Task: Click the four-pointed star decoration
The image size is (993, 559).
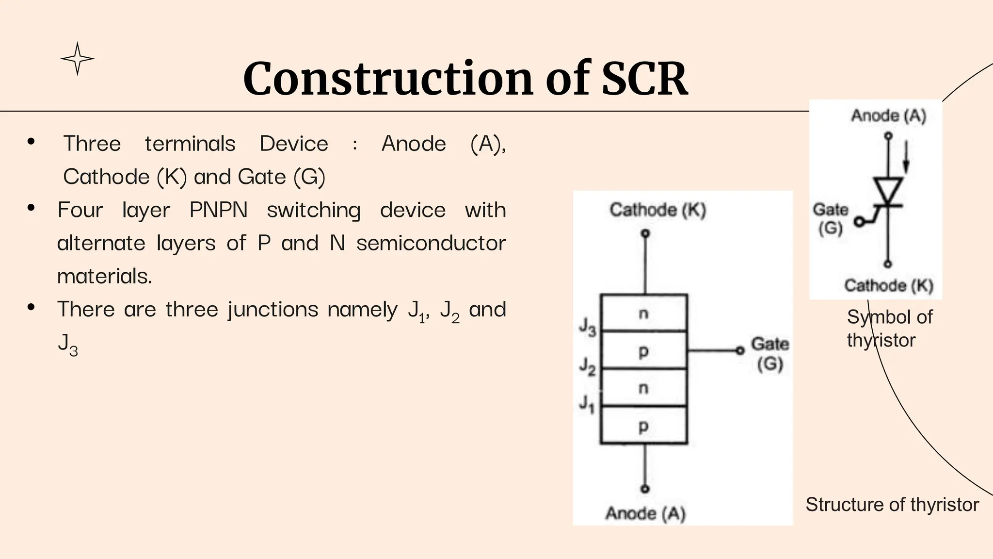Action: tap(78, 59)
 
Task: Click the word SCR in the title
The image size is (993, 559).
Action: tap(644, 79)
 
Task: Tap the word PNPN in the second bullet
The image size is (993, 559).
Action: tap(218, 210)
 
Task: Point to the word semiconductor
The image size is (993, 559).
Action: tap(431, 243)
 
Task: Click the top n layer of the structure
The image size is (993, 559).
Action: tap(644, 313)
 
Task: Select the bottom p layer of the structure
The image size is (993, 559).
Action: tap(644, 426)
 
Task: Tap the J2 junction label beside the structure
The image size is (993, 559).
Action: tap(588, 366)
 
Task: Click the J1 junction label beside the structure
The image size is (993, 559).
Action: tap(587, 404)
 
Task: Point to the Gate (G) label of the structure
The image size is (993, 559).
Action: tap(770, 354)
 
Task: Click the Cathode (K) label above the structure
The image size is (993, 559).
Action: tap(658, 210)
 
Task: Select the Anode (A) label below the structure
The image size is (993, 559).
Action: tap(645, 513)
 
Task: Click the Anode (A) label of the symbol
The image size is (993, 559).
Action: tap(889, 116)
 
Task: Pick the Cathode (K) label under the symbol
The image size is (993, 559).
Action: tap(889, 285)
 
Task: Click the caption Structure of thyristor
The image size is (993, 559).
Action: tap(892, 505)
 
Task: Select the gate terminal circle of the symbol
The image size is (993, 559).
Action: tap(859, 222)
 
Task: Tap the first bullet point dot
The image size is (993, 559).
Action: tap(32, 142)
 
